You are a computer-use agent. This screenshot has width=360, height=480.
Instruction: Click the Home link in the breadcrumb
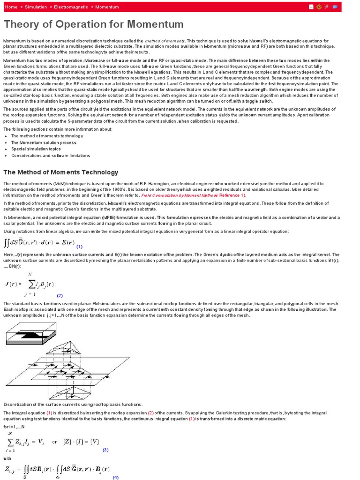click(x=11, y=7)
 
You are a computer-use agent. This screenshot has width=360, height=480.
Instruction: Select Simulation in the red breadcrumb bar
click(x=36, y=7)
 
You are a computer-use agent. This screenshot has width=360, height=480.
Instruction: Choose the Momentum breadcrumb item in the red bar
click(x=107, y=7)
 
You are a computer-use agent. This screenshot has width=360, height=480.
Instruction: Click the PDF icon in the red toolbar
click(x=311, y=7)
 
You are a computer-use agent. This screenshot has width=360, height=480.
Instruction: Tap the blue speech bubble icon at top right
click(x=335, y=7)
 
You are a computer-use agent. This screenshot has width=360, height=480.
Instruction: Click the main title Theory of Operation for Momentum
click(x=94, y=24)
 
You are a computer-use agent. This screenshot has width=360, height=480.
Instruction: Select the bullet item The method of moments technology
click(x=47, y=136)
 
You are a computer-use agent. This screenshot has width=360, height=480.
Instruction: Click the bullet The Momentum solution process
click(x=44, y=142)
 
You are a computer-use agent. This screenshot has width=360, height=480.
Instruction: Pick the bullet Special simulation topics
click(x=36, y=149)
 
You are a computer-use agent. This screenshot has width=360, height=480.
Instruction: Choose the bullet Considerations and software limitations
click(x=51, y=156)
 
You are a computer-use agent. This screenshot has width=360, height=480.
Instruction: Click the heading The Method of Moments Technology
click(x=61, y=172)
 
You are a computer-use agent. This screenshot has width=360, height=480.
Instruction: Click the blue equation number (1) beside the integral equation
click(x=79, y=247)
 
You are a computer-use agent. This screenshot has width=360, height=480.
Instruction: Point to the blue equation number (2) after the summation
click(x=60, y=296)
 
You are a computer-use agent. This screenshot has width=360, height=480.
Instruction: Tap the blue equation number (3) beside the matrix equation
click(x=105, y=450)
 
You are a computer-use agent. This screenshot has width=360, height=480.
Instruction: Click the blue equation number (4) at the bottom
click(x=115, y=477)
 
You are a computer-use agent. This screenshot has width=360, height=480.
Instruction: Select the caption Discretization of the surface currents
click(x=73, y=404)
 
